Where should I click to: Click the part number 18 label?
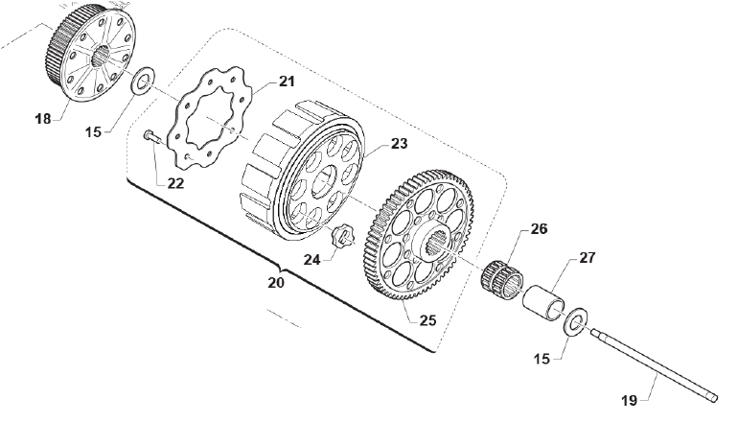tap(42, 119)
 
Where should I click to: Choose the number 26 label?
tap(538, 230)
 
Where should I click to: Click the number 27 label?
tap(587, 259)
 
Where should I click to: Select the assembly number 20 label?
tap(276, 283)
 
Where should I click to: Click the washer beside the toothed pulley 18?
tap(142, 81)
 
